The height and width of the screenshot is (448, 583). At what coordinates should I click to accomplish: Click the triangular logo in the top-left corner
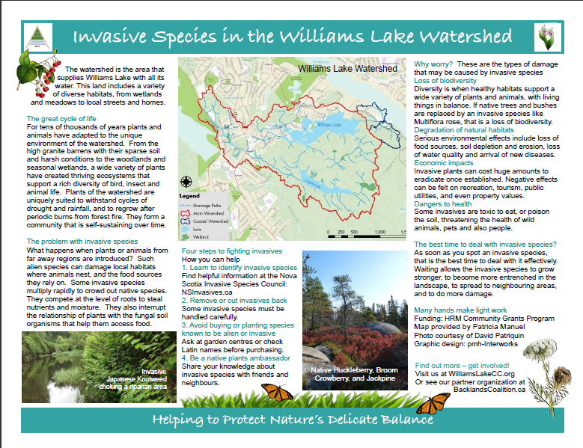click(34, 37)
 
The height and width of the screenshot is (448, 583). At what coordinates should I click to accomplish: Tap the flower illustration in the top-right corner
click(546, 37)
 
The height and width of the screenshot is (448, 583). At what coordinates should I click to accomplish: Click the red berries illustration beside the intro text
click(36, 78)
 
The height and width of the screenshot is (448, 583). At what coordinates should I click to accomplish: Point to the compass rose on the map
click(187, 180)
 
